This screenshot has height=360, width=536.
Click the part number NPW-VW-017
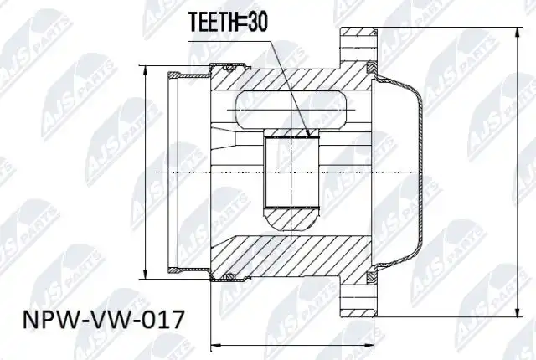coord(104,320)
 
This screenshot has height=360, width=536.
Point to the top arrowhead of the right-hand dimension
coord(518,34)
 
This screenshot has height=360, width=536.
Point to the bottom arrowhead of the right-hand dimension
coord(518,311)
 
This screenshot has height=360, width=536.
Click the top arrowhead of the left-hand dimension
coord(145,72)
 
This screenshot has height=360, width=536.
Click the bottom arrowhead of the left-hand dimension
coord(145,272)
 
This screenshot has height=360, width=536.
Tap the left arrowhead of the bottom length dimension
coord(216,345)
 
